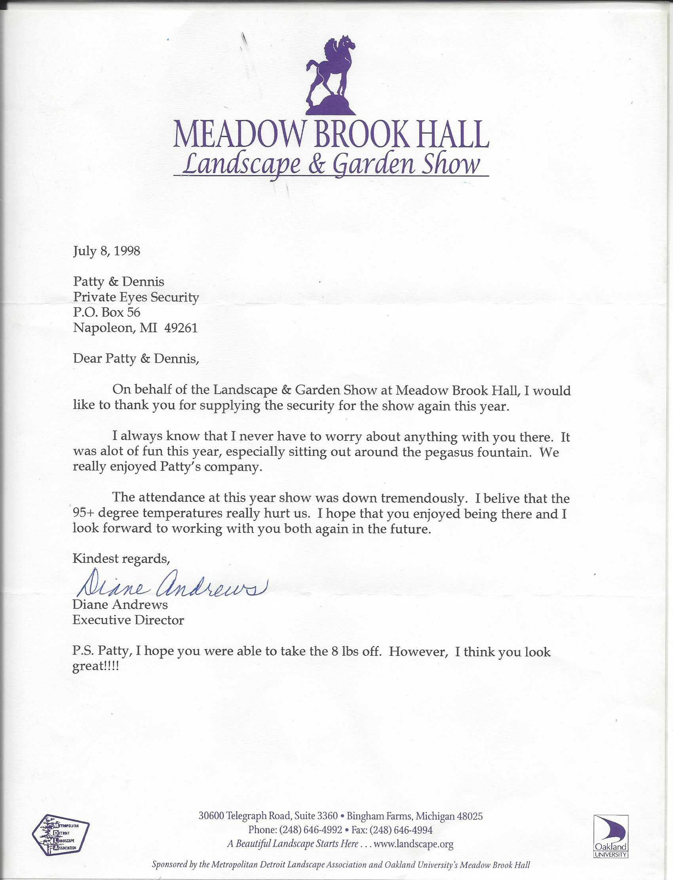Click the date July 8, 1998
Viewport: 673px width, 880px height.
click(106, 251)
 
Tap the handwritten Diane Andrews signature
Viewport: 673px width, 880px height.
click(170, 583)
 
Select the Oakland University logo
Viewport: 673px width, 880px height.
click(610, 836)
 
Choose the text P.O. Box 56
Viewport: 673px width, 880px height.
click(106, 312)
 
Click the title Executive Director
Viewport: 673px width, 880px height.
click(128, 620)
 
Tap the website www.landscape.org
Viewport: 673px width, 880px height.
click(413, 844)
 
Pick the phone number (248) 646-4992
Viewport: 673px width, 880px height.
click(310, 830)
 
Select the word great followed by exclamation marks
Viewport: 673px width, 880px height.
click(95, 667)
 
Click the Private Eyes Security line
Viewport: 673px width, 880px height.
click(136, 297)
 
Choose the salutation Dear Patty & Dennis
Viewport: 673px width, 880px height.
click(136, 358)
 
